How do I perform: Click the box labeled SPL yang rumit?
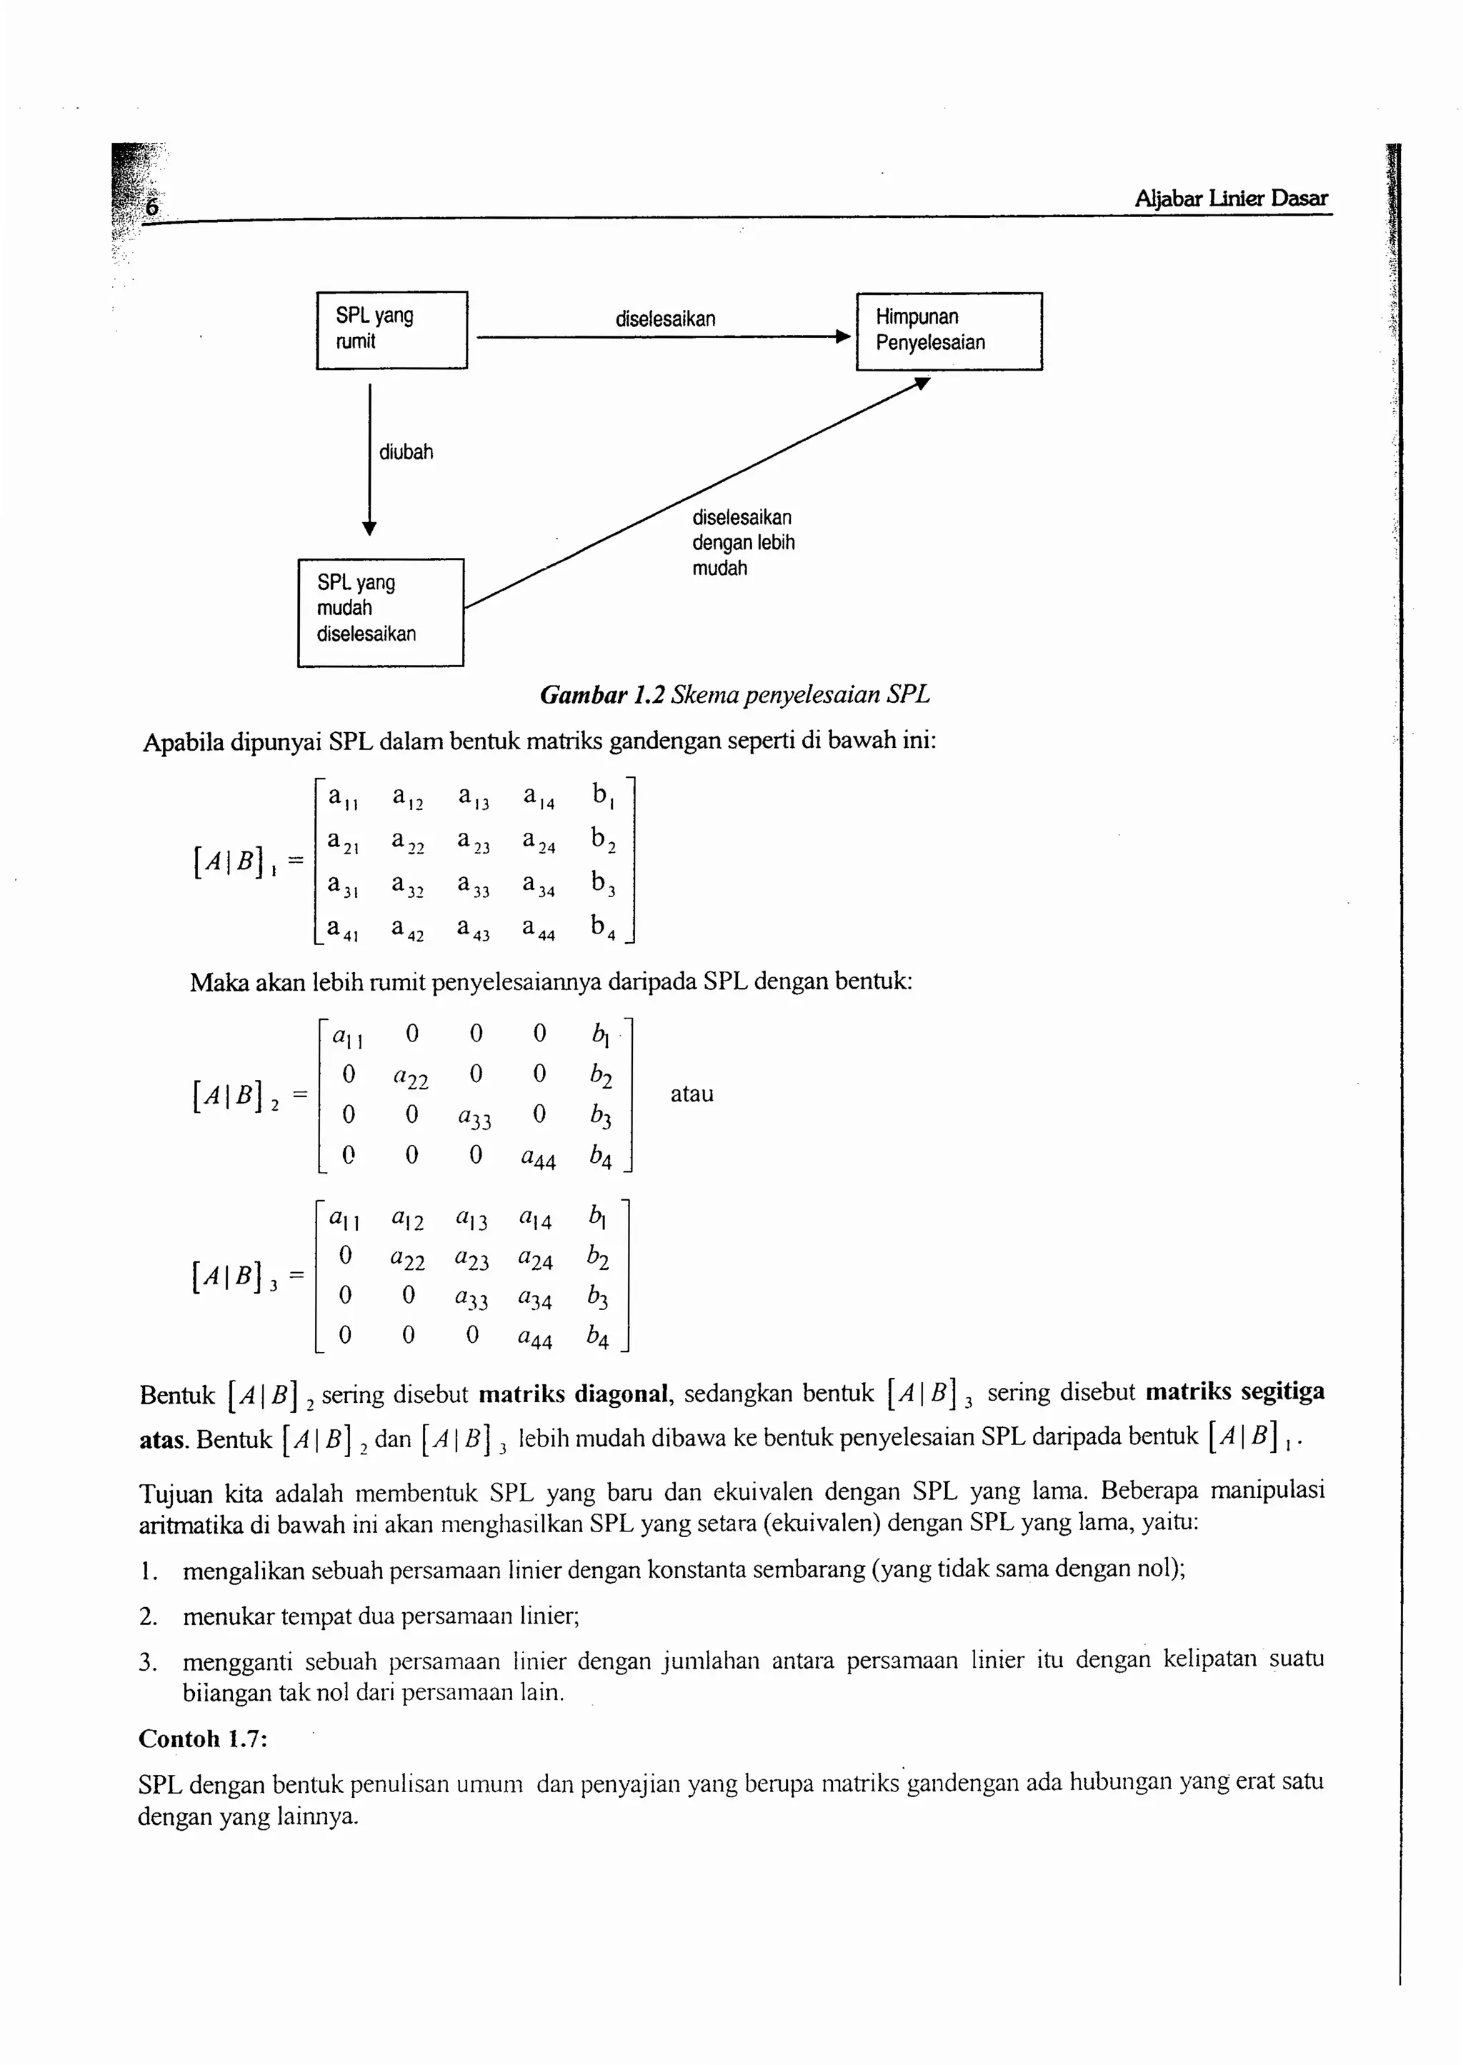click(391, 329)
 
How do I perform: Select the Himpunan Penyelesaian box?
click(948, 331)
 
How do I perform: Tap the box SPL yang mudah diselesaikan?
click(380, 611)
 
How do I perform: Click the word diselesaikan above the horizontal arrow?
click(665, 319)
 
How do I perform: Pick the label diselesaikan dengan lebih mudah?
click(742, 542)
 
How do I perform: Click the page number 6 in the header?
click(152, 207)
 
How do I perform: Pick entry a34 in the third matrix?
click(535, 1299)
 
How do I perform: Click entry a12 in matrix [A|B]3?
click(407, 1220)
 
